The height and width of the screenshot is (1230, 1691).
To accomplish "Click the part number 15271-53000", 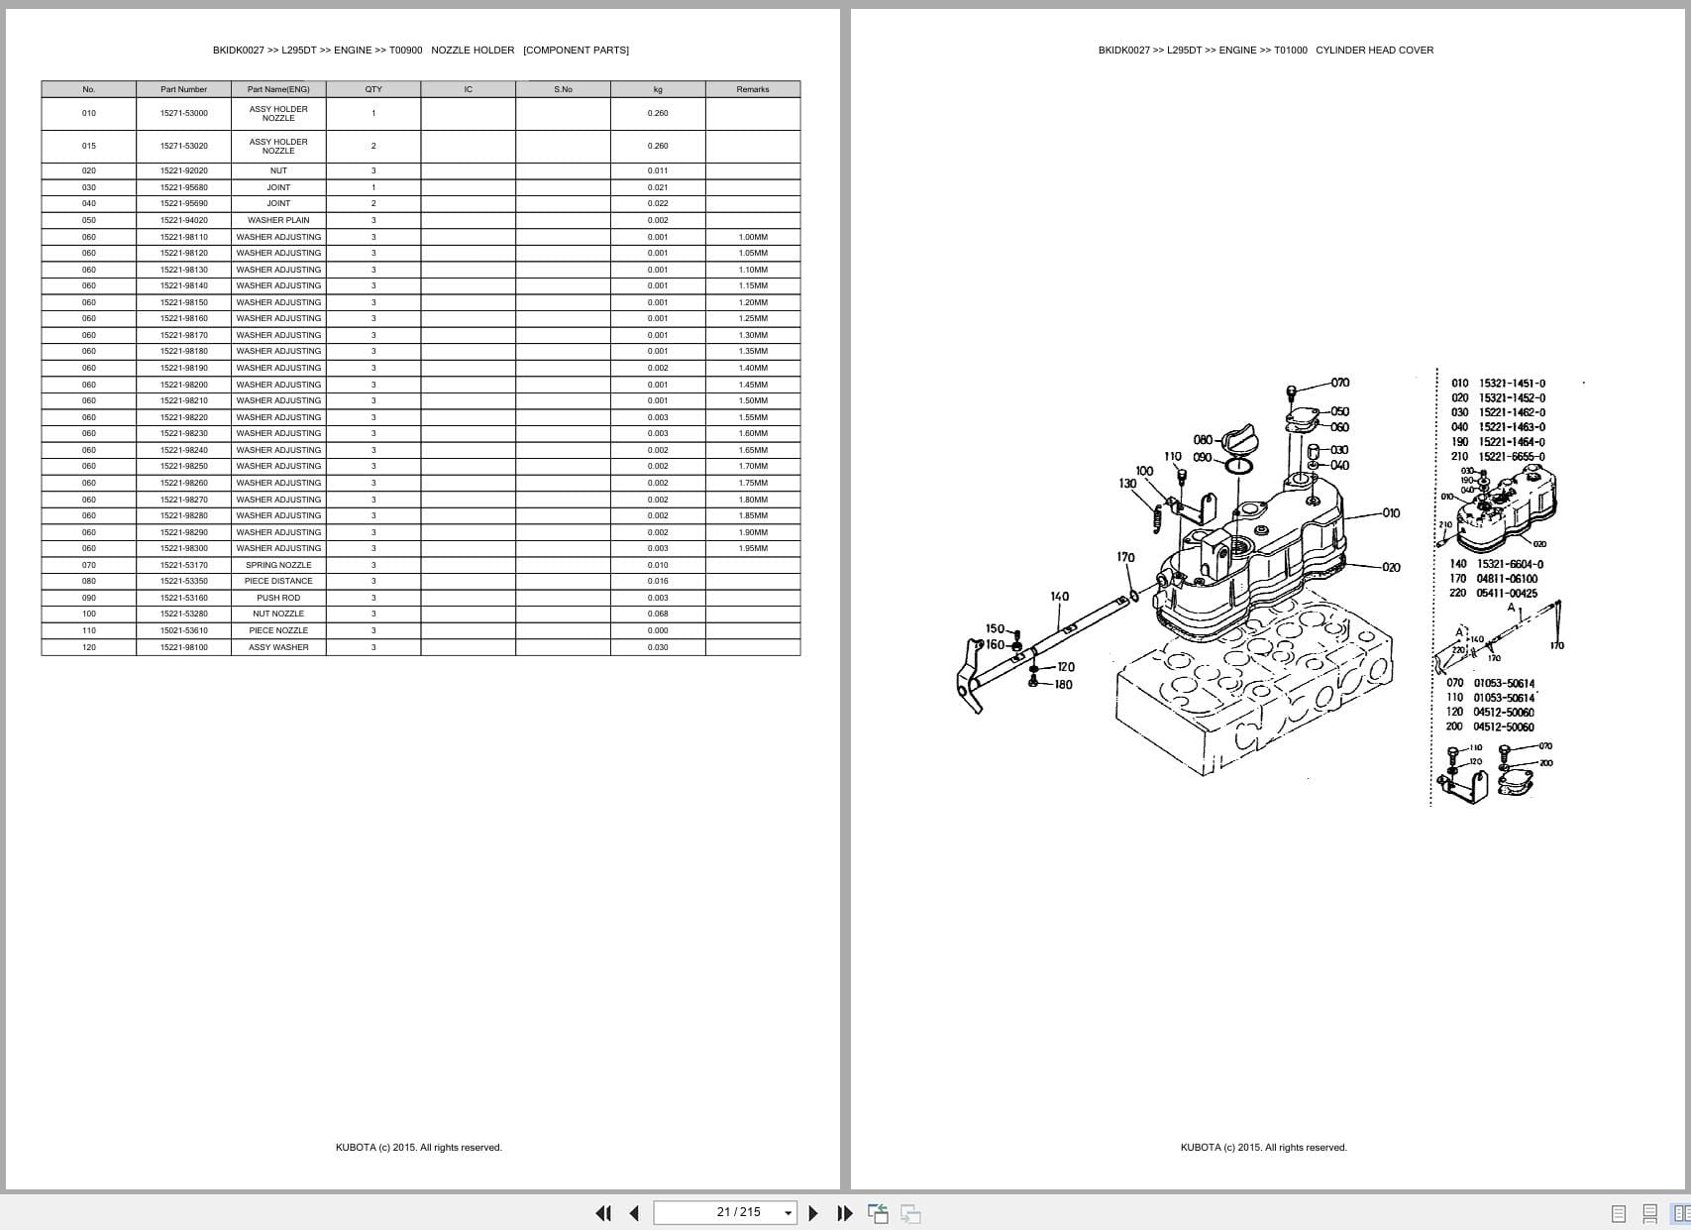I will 183,113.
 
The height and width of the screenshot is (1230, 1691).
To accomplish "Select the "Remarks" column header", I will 752,89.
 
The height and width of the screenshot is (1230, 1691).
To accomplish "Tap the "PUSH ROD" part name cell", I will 278,598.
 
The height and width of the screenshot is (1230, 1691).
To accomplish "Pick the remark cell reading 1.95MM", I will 752,548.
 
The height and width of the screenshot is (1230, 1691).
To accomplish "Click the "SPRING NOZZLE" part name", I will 278,565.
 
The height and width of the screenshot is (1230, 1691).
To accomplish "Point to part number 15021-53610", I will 183,630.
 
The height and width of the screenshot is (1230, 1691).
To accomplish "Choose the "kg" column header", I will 658,89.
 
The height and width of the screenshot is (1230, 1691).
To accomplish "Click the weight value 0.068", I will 658,614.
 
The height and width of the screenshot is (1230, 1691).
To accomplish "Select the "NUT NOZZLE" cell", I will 278,614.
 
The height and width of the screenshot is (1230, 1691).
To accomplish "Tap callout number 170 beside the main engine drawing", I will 1125,557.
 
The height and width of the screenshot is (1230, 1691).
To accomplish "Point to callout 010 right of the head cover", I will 1391,513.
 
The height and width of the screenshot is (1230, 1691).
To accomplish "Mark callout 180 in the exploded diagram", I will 1063,684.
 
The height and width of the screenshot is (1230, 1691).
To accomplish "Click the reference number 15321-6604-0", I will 1510,564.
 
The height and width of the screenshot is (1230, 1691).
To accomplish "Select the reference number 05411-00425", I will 1507,594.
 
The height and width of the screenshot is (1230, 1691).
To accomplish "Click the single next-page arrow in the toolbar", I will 813,1213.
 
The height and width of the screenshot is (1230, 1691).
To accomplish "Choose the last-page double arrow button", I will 845,1213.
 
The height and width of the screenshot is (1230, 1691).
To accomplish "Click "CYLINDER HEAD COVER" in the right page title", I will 1374,50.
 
